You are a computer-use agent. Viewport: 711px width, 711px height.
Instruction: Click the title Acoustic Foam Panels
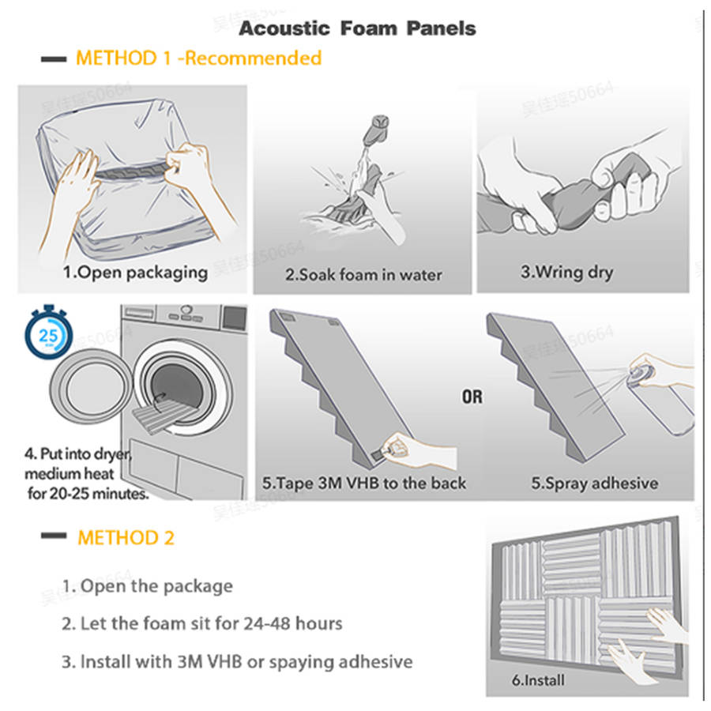(357, 28)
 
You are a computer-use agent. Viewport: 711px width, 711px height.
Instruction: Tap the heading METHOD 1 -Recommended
(198, 58)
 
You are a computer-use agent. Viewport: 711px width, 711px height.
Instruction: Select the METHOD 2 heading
(126, 538)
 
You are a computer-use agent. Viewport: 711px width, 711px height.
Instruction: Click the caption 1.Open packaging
(135, 273)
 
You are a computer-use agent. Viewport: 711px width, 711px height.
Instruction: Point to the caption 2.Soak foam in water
(363, 275)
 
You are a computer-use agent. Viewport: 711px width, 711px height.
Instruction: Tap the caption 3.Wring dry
(566, 272)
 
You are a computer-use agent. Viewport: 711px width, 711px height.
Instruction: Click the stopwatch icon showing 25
(48, 333)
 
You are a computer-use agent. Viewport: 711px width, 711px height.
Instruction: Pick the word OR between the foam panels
(472, 397)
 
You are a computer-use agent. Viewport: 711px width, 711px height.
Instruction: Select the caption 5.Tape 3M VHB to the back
(363, 483)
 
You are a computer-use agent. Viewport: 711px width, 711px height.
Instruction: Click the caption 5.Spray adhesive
(594, 483)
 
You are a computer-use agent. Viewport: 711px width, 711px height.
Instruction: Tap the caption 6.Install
(538, 680)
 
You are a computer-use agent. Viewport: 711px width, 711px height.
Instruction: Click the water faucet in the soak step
(377, 128)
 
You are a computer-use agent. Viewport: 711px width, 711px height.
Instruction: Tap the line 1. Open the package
(148, 586)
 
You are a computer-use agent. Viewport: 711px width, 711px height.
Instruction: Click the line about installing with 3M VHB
(237, 662)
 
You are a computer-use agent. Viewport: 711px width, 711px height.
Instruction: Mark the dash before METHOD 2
(54, 536)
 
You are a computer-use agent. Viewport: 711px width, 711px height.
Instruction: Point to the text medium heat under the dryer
(69, 474)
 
